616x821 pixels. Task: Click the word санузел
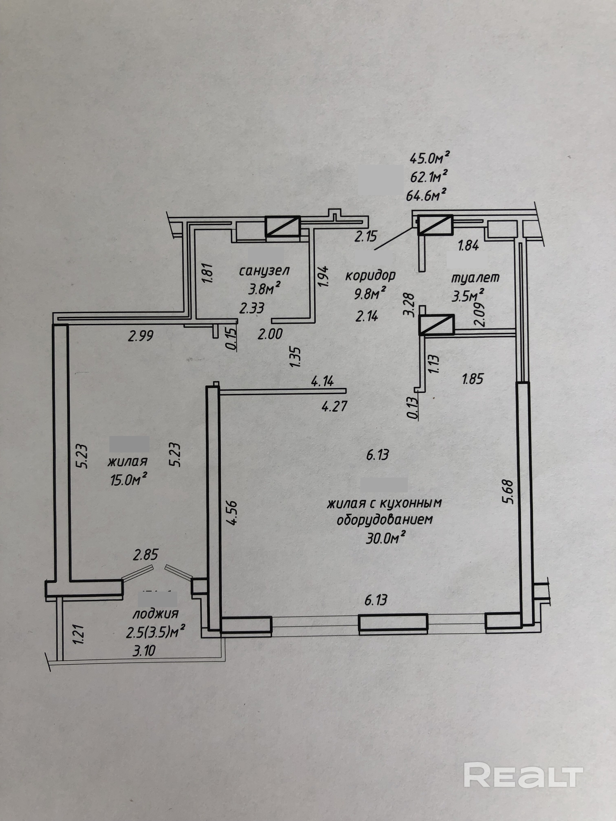[x=264, y=271]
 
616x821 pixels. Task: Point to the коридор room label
[x=370, y=275]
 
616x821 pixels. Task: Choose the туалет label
[x=475, y=277]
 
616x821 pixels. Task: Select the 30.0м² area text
[x=385, y=538]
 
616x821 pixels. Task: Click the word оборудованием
[x=385, y=519]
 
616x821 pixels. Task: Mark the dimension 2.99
[x=140, y=336]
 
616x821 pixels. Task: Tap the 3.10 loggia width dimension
[x=144, y=650]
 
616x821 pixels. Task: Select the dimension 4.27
[x=334, y=406]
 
